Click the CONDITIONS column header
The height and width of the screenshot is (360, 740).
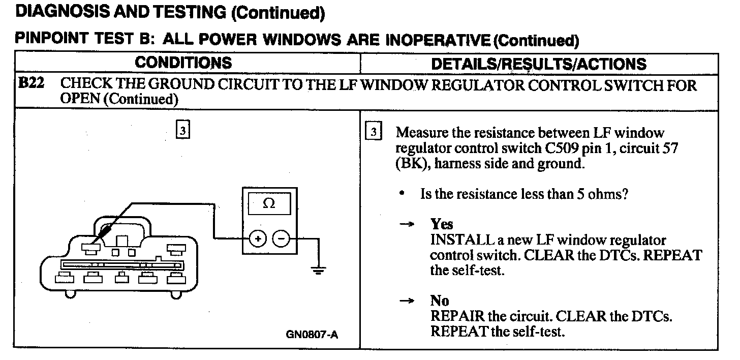[183, 63]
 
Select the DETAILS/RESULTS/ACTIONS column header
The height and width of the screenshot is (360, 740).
[538, 64]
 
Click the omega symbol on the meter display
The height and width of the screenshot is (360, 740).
[269, 203]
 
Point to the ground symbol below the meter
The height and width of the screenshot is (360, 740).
[319, 270]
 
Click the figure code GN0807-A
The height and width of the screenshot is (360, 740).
[313, 335]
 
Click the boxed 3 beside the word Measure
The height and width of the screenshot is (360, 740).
[374, 133]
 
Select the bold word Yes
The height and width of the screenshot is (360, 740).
[441, 224]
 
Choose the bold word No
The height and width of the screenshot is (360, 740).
[440, 301]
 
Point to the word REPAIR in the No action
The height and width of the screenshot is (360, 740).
[453, 316]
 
